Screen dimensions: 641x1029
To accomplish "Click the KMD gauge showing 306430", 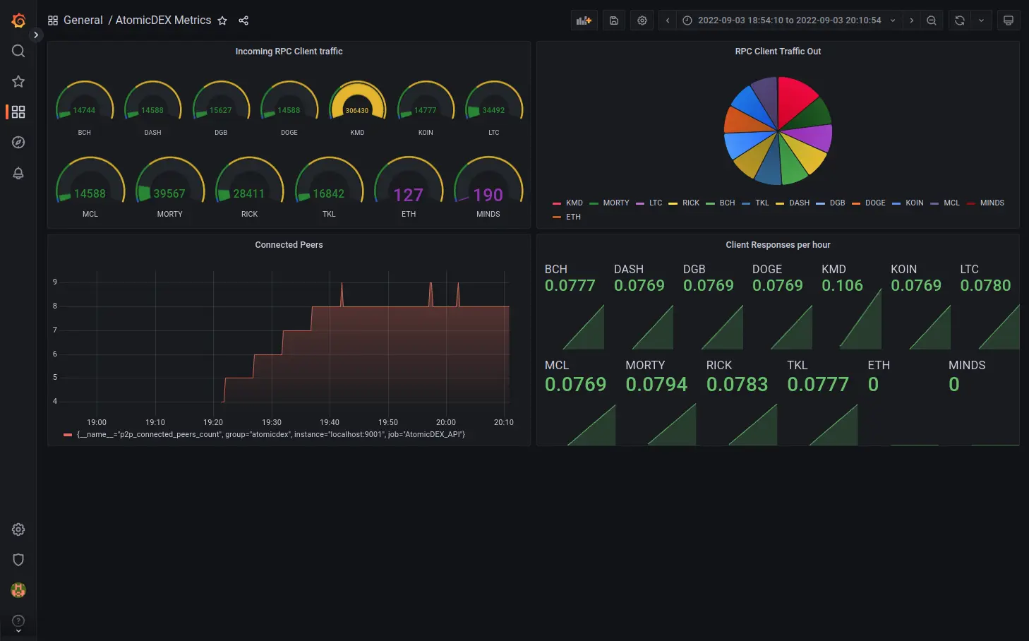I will pos(357,110).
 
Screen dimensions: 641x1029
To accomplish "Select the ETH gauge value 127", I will pos(408,195).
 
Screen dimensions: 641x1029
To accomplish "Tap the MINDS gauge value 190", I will pos(488,195).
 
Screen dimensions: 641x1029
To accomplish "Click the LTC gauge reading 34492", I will pos(493,110).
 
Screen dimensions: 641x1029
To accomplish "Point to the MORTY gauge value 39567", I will pos(169,193).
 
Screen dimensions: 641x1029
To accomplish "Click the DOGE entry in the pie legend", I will pos(874,203).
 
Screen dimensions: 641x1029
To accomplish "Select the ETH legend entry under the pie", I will pos(572,217).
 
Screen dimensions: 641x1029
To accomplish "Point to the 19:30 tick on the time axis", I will pos(272,422).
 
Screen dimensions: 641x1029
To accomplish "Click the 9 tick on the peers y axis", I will pos(55,282).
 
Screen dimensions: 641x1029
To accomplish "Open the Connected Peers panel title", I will pos(289,245).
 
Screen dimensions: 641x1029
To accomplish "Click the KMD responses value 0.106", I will pos(842,285).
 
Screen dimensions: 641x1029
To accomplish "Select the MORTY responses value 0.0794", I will pos(656,384).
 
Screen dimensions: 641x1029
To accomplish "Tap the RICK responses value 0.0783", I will pos(737,384).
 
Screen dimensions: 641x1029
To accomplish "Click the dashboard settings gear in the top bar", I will pos(642,20).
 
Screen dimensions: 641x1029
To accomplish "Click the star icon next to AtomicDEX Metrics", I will pos(222,20).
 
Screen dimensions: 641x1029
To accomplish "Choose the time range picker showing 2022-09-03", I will pos(789,20).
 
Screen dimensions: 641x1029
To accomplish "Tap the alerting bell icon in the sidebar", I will pos(18,173).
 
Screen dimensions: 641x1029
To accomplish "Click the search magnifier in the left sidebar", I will pos(18,51).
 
